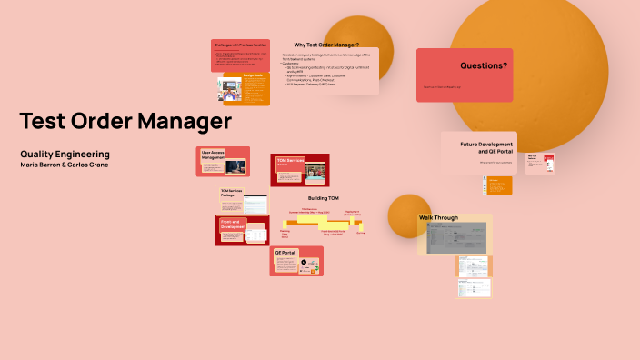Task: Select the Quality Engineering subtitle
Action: [x=65, y=155]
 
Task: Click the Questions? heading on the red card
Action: [x=484, y=65]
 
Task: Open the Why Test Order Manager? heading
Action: [x=326, y=45]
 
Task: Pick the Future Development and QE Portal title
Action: [x=486, y=147]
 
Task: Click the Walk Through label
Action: [x=438, y=218]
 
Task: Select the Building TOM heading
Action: [x=323, y=198]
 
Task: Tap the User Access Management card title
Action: [x=213, y=155]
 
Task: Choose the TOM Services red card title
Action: [x=290, y=160]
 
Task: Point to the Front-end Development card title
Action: [x=234, y=224]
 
